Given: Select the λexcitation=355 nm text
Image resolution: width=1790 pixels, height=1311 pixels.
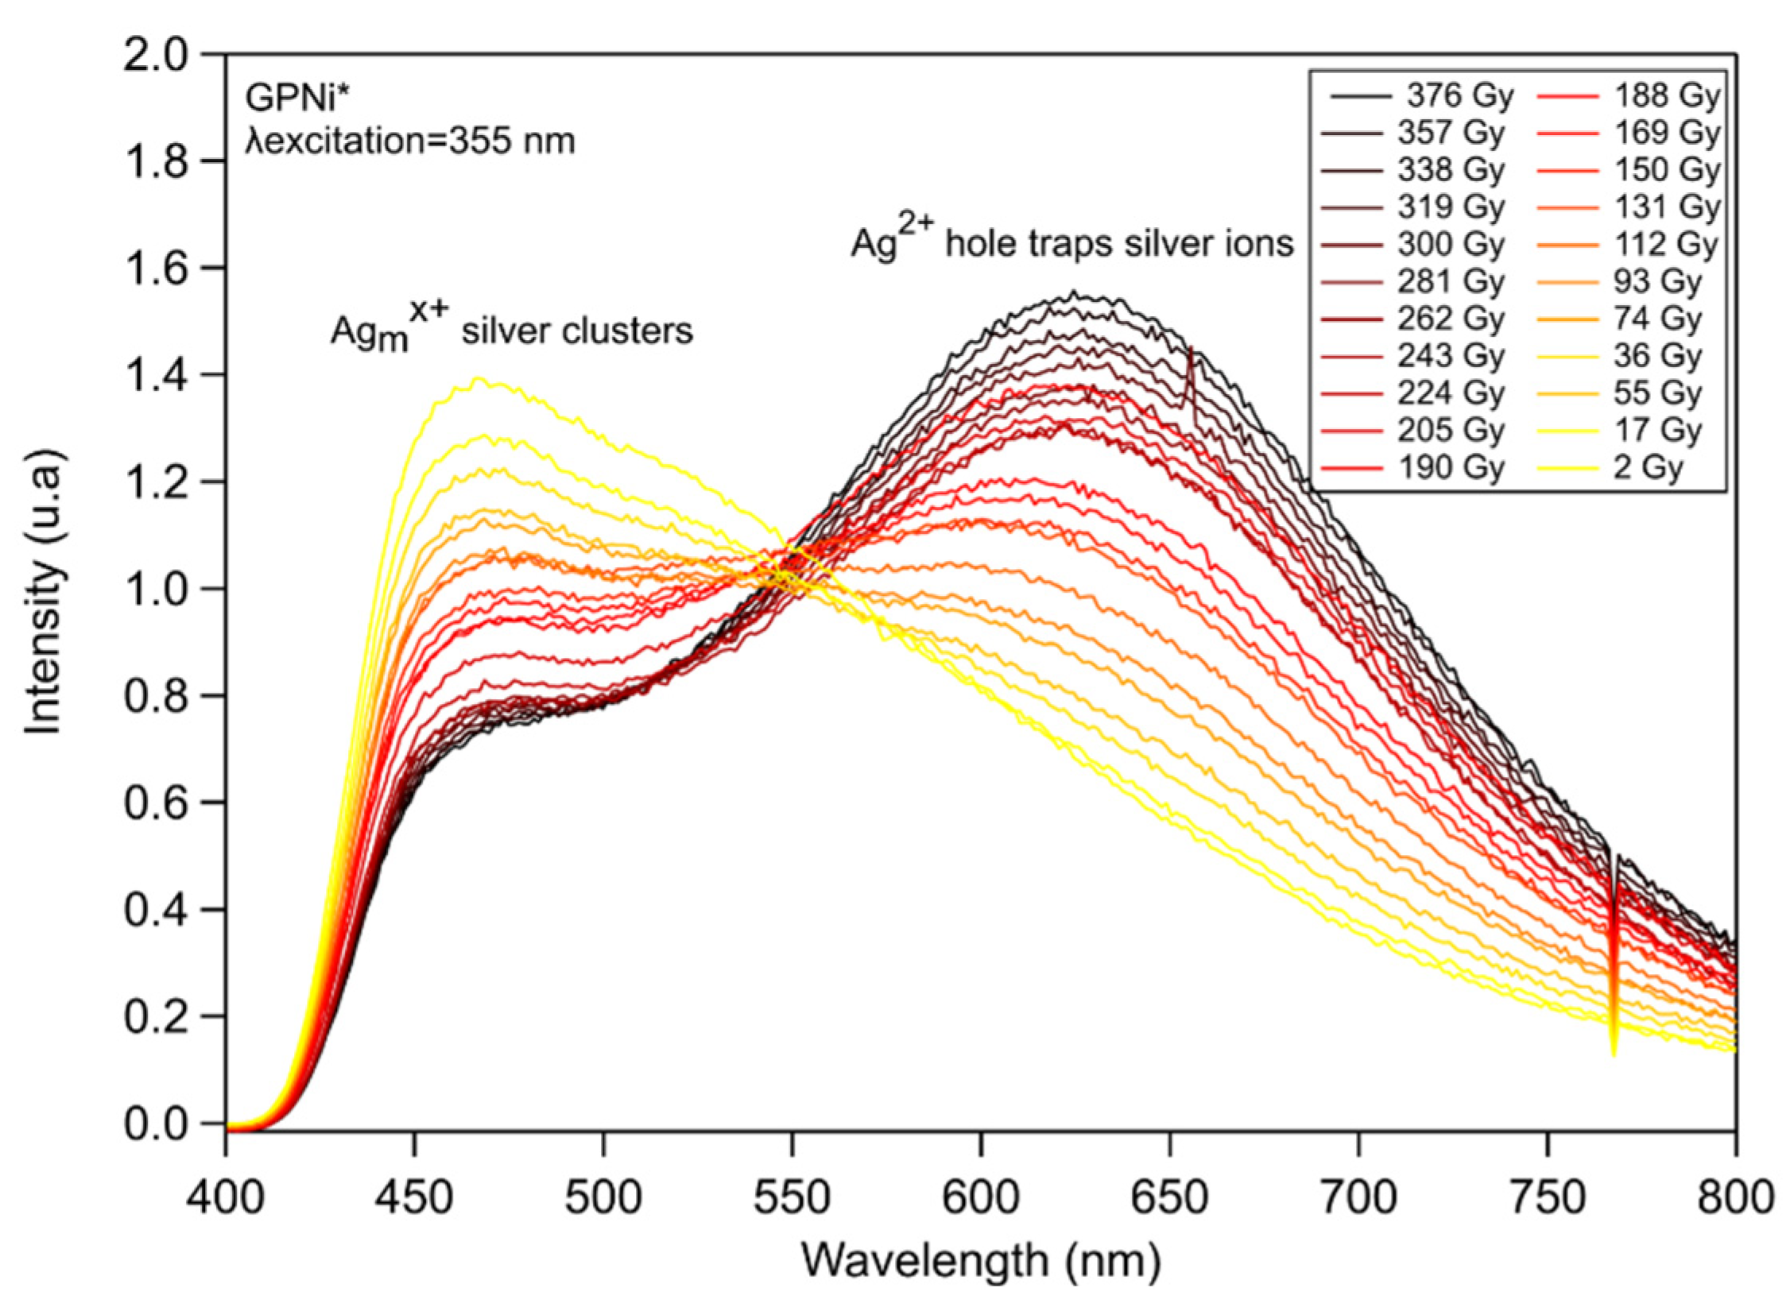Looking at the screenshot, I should click(409, 141).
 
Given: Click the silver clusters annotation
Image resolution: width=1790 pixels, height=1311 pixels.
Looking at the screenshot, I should click(511, 331).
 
